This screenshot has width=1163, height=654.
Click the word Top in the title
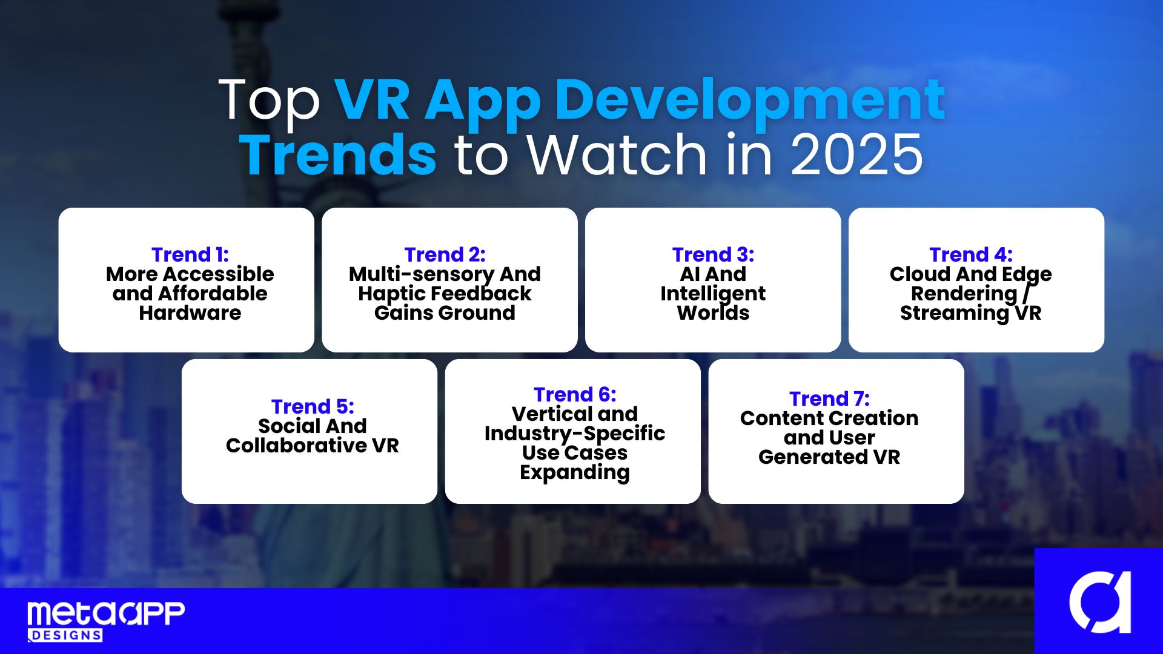point(269,101)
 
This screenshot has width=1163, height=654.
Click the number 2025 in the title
point(857,155)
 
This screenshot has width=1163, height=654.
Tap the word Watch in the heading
point(618,154)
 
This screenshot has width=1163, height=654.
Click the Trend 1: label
point(190,254)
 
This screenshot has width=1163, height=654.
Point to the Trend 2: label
point(445,254)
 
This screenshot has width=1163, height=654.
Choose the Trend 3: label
point(713,254)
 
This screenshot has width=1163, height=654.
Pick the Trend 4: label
point(971,254)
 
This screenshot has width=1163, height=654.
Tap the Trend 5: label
point(313,406)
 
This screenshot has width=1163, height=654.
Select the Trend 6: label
point(575,394)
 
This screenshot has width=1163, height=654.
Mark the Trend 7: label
point(829,398)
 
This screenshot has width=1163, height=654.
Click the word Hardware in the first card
point(190,312)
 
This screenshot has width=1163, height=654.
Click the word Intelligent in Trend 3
point(713,294)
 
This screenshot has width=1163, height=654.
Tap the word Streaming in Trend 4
point(954,314)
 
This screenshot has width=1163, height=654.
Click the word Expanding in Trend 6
point(575,473)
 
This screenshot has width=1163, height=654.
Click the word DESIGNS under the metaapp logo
point(65,635)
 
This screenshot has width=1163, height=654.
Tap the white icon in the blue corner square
point(1100,602)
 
